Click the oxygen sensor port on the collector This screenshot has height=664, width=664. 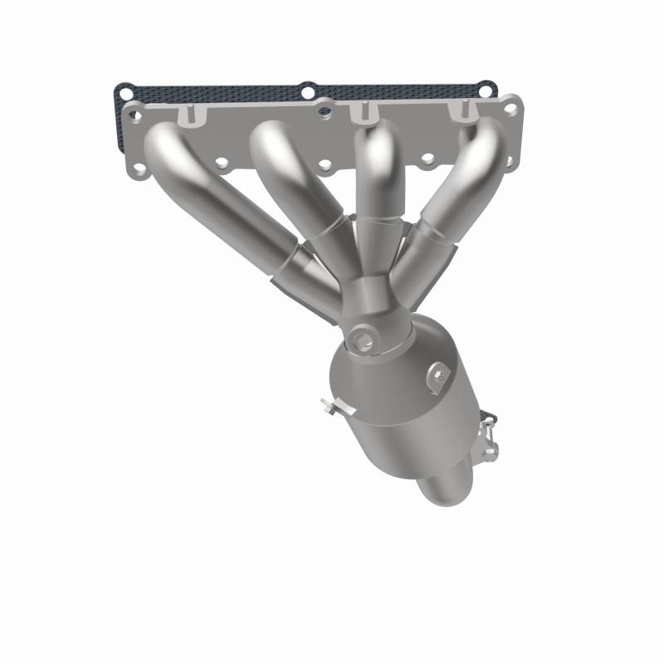(362, 337)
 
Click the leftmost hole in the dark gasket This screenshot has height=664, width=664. (123, 90)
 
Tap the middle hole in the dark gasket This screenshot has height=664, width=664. (308, 90)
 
